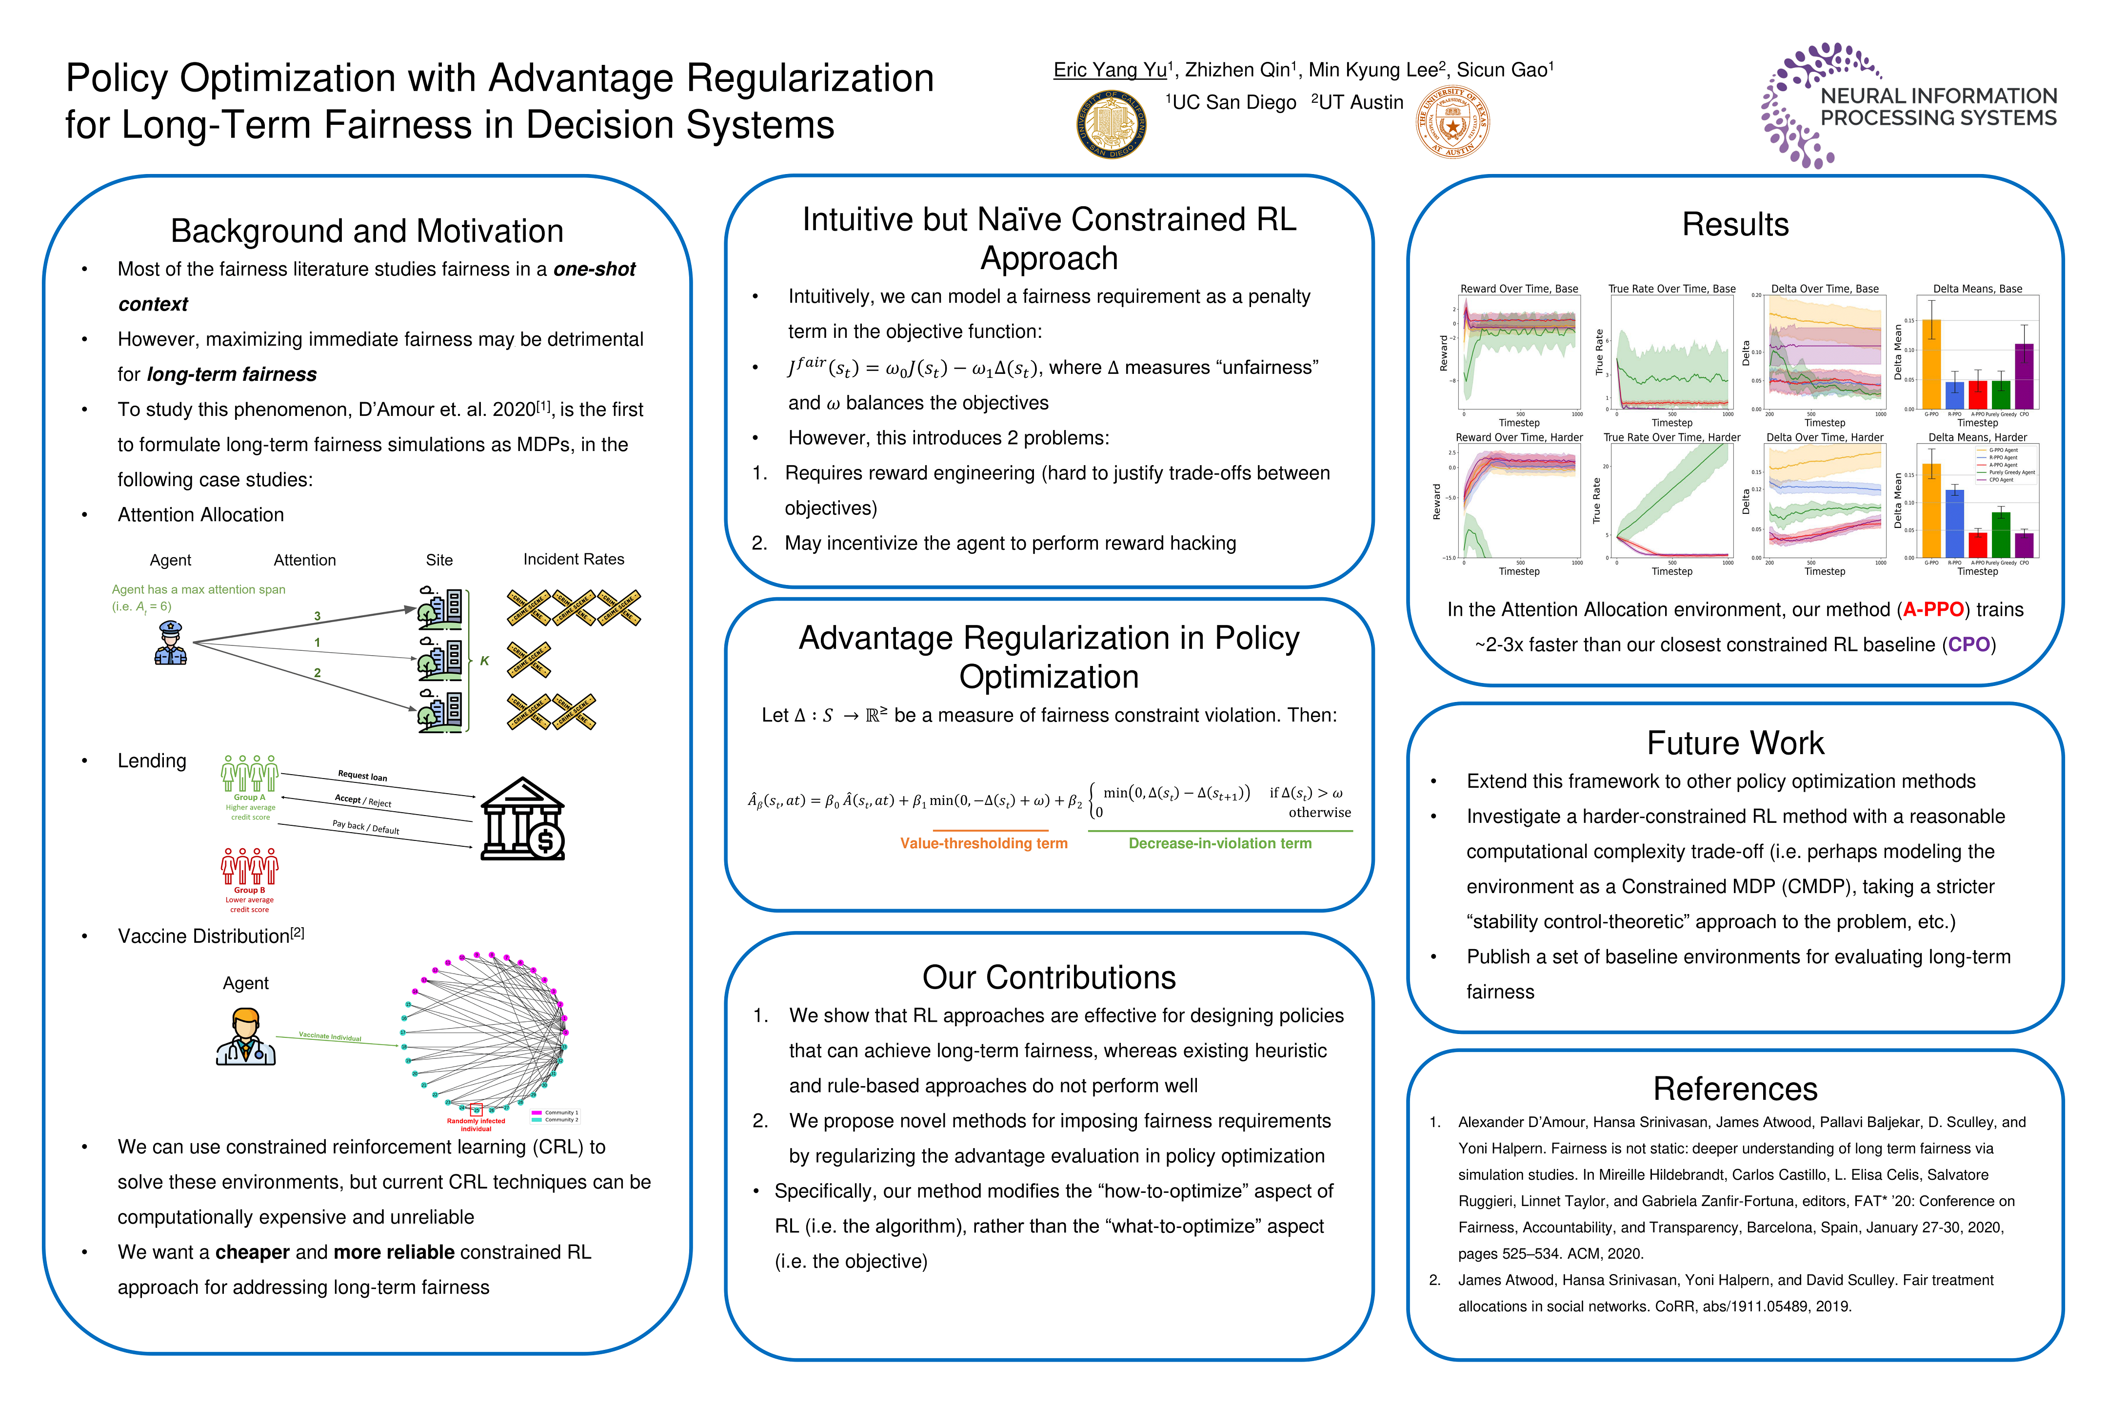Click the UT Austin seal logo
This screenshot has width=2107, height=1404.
(1452, 123)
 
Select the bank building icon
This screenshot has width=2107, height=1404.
(522, 819)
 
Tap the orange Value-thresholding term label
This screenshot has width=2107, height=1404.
(984, 843)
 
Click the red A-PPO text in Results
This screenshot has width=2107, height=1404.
(1932, 610)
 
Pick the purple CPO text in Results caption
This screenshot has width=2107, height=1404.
(1968, 644)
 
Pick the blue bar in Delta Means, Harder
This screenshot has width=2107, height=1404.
(1955, 524)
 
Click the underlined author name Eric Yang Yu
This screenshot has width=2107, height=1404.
(1110, 70)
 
